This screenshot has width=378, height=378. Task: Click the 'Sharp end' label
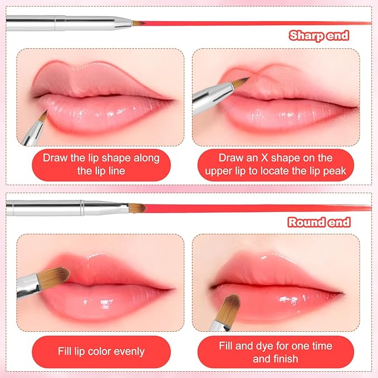pos(319,36)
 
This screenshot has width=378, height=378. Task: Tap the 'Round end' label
pos(319,223)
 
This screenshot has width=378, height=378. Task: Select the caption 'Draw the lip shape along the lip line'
pos(101,164)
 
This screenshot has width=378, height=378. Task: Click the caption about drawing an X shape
pos(276,164)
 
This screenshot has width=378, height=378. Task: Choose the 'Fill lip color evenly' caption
pos(101,351)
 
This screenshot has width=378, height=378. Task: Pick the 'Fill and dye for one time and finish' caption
pos(276,351)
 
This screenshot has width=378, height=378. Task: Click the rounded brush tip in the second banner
pos(138,208)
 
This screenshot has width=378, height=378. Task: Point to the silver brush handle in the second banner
pos(61,208)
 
